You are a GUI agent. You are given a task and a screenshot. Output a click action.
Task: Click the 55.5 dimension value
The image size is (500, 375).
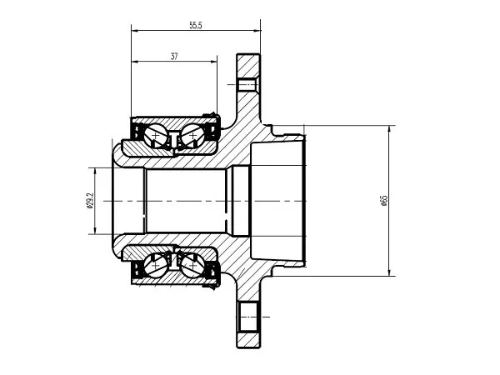[196, 25]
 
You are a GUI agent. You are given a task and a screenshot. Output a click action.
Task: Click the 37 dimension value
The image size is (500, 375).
[174, 57]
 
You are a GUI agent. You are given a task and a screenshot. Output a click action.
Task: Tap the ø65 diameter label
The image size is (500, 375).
[384, 201]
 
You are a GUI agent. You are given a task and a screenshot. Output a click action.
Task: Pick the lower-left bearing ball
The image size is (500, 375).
[155, 265]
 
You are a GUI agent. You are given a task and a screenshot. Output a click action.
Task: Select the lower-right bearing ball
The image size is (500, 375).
[192, 265]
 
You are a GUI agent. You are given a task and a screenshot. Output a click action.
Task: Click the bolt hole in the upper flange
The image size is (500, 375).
[248, 84]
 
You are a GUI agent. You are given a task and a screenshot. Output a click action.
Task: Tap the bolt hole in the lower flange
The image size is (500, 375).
[248, 317]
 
